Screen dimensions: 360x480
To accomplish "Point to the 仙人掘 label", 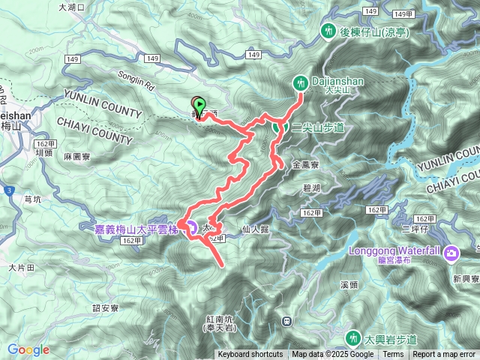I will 256,234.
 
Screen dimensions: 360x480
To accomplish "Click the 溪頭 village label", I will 350,285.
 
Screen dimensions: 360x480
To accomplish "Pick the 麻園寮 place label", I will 76,157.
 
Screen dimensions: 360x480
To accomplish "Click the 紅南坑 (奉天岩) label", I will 220,323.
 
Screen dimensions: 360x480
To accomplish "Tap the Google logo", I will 28,349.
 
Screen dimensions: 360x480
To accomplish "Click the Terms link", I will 393,355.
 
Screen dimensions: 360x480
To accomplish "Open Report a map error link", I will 445,355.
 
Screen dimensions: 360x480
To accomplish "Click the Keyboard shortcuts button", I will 250,355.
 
